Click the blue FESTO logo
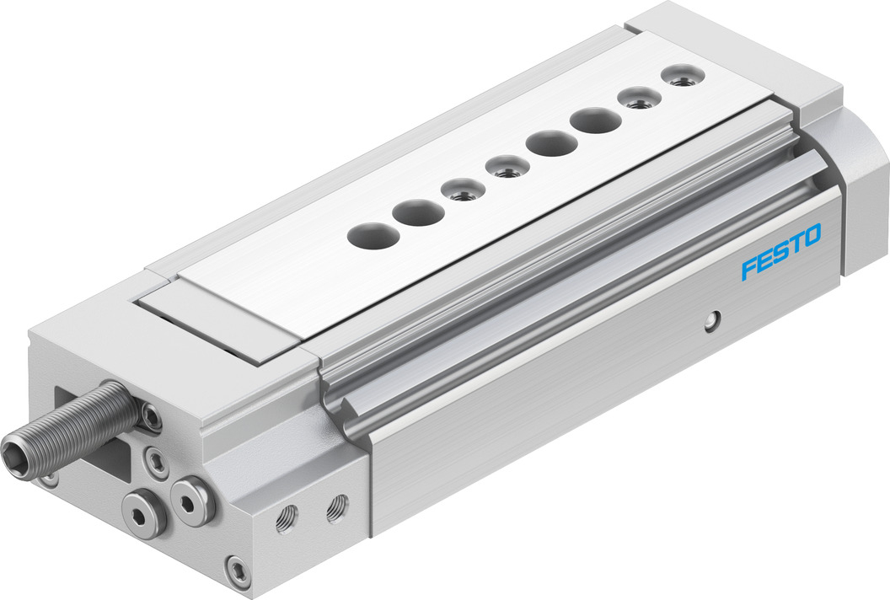(x=781, y=252)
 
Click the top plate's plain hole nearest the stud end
(x=369, y=234)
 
